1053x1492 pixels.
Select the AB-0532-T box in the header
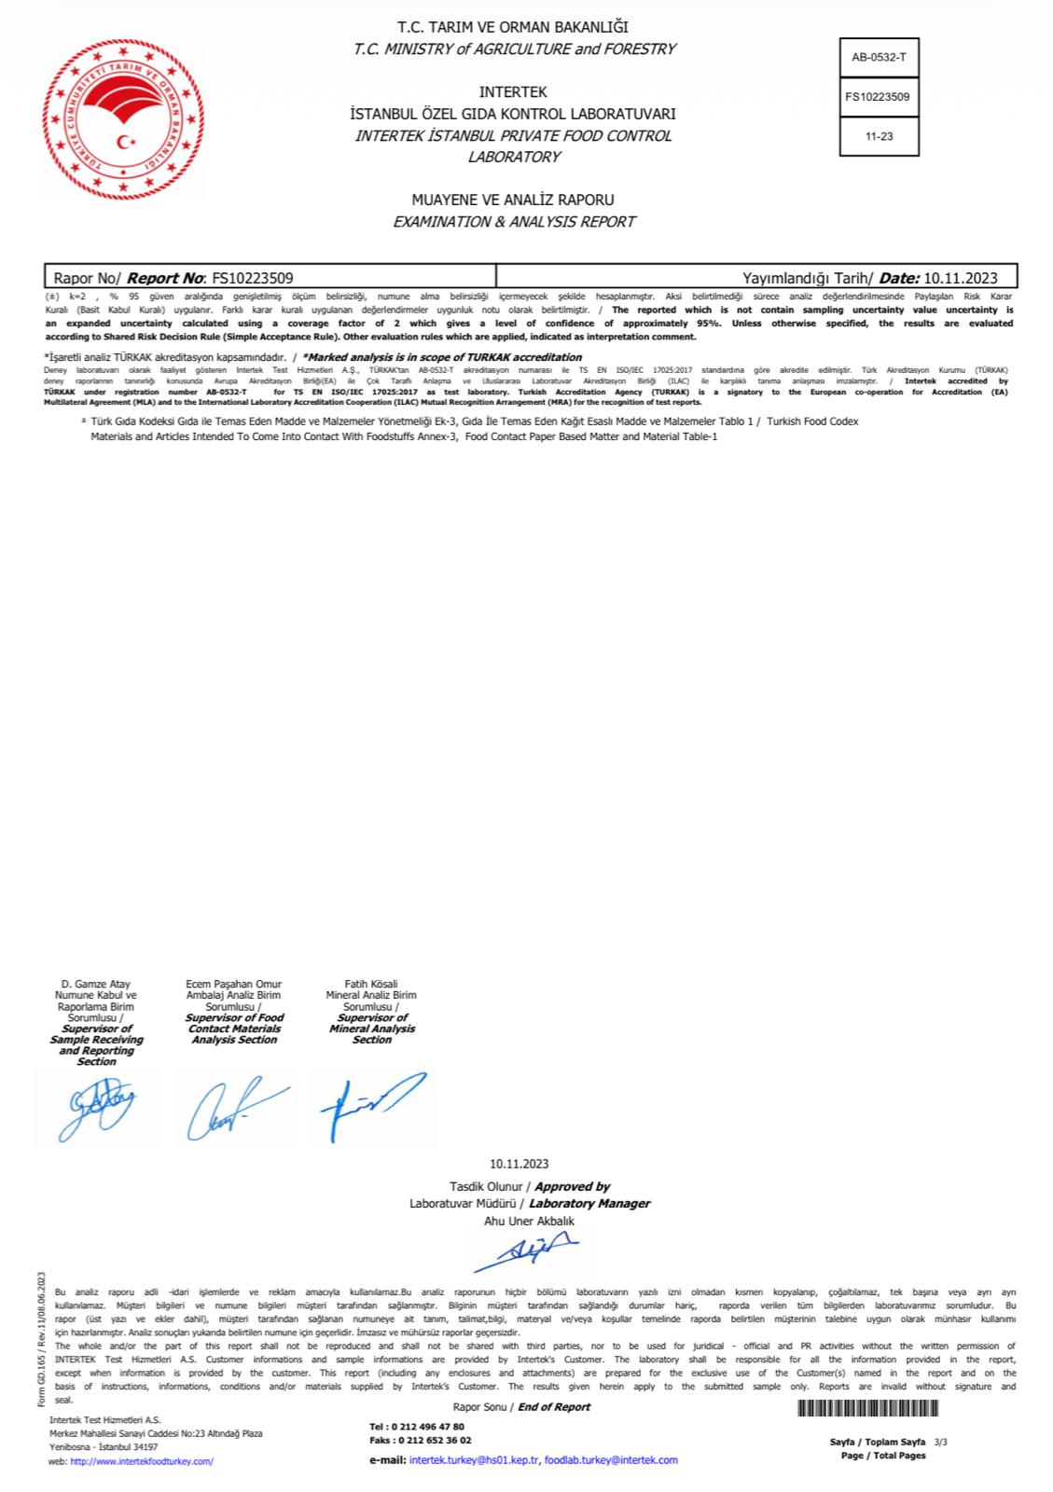tap(879, 57)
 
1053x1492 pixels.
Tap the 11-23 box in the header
tap(879, 136)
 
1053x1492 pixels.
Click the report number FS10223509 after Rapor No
tap(253, 277)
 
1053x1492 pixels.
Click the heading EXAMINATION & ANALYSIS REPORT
tap(514, 222)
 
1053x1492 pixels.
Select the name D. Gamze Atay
tap(96, 984)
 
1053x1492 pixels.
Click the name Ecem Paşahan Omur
tap(234, 984)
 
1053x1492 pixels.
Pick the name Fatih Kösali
tap(371, 984)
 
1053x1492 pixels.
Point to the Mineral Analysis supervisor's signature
tap(370, 1105)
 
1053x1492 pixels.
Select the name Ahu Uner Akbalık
tap(529, 1221)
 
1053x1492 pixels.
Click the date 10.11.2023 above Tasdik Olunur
tap(519, 1163)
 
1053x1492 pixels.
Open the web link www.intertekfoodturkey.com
tap(142, 1461)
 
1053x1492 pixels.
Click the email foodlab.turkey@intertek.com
tap(611, 1459)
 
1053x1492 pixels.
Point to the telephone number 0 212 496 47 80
tap(430, 1427)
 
